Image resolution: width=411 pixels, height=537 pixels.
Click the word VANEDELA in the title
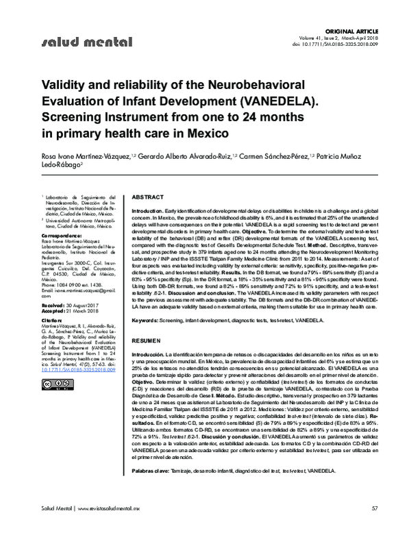[x=276, y=103]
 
